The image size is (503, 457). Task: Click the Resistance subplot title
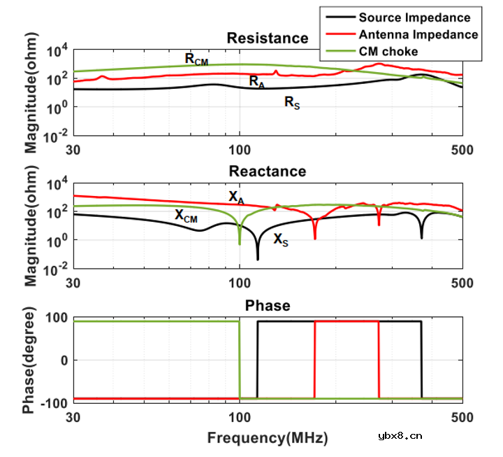pos(267,38)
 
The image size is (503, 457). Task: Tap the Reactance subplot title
pos(267,171)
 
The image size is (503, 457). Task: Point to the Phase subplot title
pos(267,306)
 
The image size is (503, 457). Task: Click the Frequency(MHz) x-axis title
pos(267,438)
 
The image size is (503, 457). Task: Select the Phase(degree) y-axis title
pos(29,360)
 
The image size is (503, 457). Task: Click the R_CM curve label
pos(196,59)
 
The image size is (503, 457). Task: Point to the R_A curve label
pos(257,81)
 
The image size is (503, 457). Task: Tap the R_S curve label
pos(291,103)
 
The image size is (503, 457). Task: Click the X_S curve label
pos(280,240)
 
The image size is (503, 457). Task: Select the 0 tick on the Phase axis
pos(63,360)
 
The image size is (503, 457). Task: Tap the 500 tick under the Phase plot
pos(462,418)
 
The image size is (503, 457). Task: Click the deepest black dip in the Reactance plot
pos(258,259)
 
